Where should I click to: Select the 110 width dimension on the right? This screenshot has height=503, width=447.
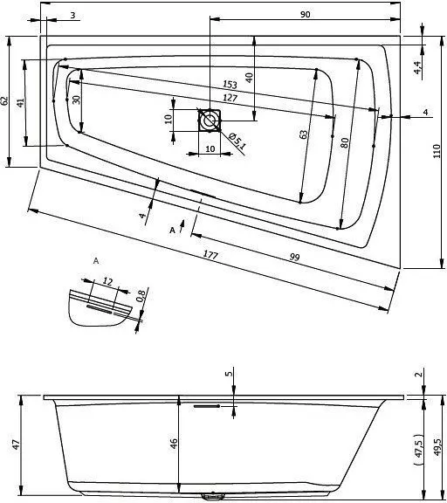point(437,151)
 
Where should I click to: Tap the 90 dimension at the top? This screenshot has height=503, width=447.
point(306,15)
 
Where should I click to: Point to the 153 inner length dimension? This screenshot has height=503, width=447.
point(230,85)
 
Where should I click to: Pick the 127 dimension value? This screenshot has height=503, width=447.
point(230,98)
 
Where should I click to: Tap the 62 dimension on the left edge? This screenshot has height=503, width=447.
point(6,100)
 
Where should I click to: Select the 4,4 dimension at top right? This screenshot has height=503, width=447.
point(417,67)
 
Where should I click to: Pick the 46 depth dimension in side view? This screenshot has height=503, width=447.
point(174,444)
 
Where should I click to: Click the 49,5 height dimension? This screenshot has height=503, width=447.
point(437,446)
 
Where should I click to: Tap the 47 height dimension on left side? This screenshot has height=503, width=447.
point(15,445)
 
